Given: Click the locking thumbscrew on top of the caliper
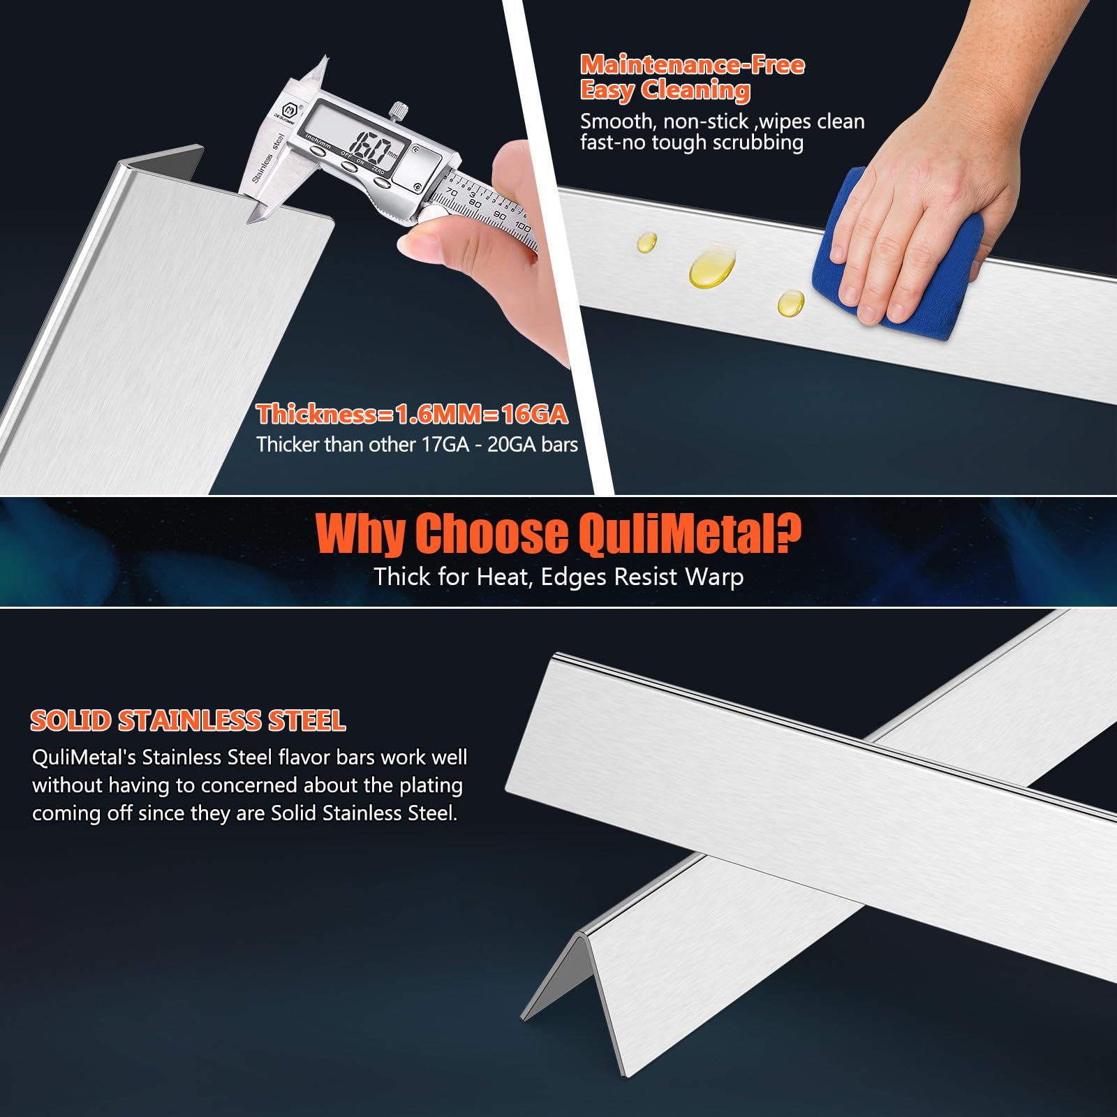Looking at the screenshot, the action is [399, 110].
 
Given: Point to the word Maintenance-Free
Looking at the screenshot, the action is [693, 65].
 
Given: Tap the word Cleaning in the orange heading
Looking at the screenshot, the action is [695, 90].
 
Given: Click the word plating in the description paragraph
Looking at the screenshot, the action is [431, 786].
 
